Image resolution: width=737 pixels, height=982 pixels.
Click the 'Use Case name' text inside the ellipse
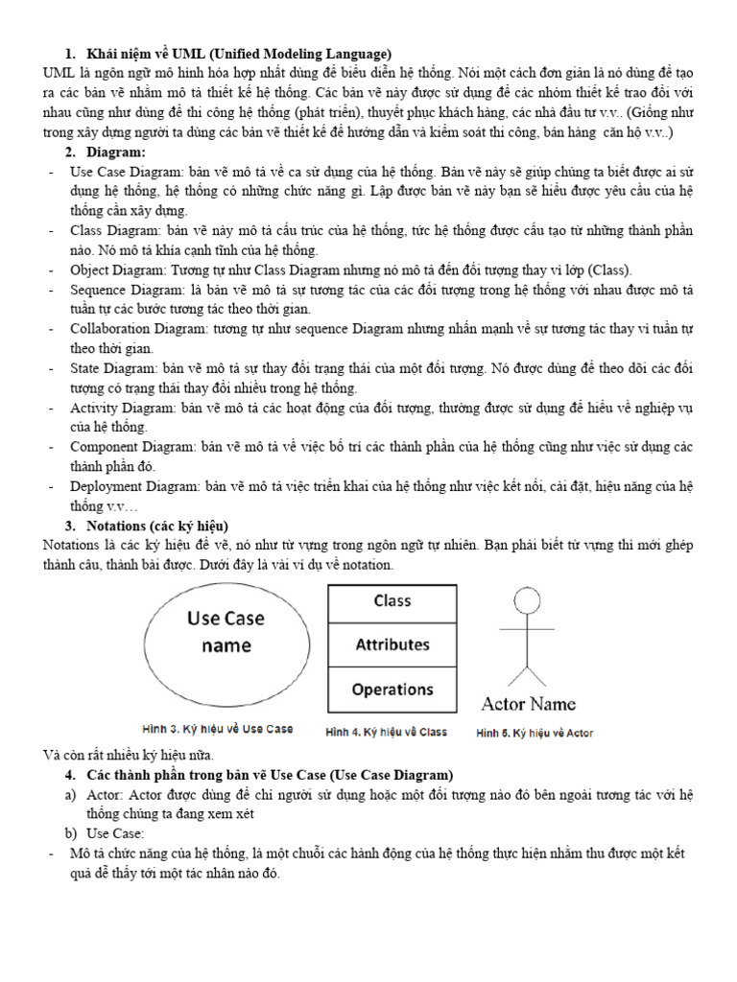[226, 632]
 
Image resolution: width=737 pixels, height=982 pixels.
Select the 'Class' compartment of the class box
[392, 601]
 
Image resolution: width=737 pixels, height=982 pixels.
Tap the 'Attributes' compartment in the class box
[392, 645]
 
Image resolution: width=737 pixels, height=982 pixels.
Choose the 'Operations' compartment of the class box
[392, 690]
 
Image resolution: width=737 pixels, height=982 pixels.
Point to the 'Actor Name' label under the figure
[528, 704]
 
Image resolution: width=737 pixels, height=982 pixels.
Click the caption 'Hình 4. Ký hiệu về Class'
[387, 733]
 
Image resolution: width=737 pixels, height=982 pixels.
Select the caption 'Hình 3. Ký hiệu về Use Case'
[217, 730]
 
